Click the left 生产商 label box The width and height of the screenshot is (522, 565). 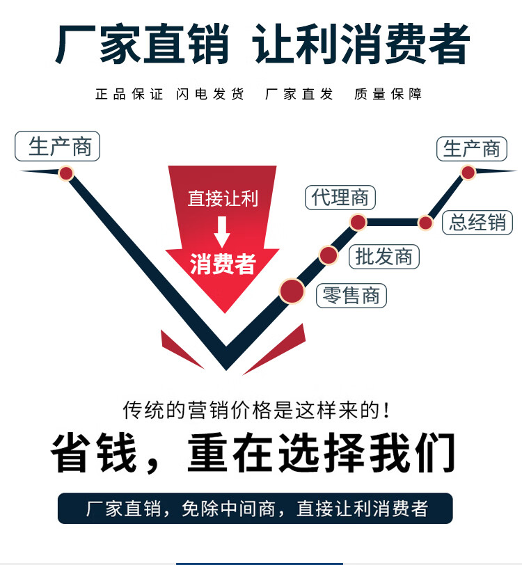coord(58,147)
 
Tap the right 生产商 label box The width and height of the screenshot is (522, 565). coord(472,148)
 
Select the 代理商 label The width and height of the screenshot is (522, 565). coord(340,198)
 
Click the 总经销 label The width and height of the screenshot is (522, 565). coord(477,222)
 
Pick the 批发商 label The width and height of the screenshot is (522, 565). coord(384,257)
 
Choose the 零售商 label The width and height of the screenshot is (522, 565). coord(351,296)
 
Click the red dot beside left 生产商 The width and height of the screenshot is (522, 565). coord(66,173)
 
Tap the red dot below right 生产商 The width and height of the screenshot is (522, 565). coord(468,172)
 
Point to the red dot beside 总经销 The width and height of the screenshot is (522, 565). coord(425,223)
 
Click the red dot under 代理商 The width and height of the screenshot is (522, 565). coord(358,223)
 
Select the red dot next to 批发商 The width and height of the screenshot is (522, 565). coord(329,255)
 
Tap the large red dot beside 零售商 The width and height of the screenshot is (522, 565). coord(292,290)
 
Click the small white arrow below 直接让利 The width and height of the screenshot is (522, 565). coord(222,232)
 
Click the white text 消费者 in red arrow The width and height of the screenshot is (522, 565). coord(223,264)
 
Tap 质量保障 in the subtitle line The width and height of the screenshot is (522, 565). coord(388,94)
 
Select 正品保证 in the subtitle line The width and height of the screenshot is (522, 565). coord(129,94)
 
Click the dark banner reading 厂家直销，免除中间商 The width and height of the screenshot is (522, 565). coord(255,509)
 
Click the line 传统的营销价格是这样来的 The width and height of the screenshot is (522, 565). coord(255,410)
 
